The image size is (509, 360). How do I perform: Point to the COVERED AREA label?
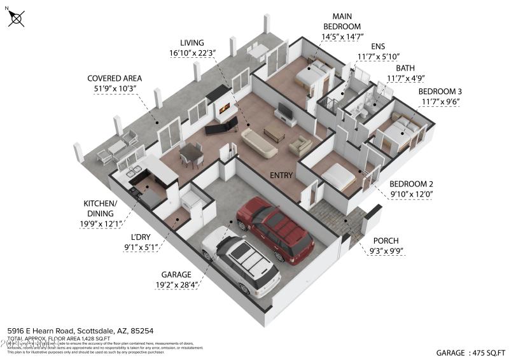click(x=114, y=79)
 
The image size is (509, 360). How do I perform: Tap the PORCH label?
click(x=386, y=240)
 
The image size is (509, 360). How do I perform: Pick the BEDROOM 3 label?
click(x=440, y=92)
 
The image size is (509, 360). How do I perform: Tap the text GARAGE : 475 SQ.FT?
click(x=470, y=352)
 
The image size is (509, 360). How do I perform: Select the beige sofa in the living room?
click(x=259, y=143)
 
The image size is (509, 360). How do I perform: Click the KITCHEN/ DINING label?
click(x=101, y=208)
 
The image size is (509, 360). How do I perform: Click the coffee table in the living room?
click(x=274, y=133)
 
